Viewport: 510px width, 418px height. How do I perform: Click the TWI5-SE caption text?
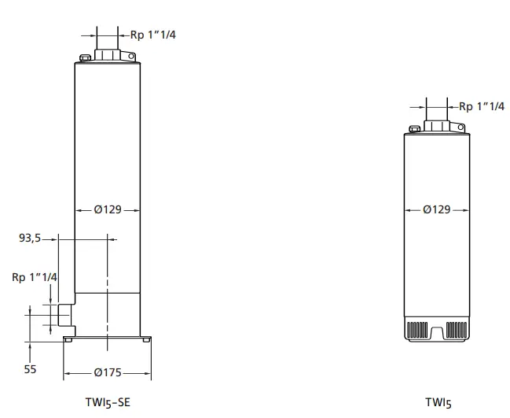click(x=107, y=401)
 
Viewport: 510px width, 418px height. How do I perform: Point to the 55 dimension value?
click(x=31, y=368)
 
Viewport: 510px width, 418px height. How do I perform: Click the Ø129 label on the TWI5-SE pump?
click(x=108, y=210)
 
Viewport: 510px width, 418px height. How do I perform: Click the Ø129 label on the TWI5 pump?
click(x=437, y=210)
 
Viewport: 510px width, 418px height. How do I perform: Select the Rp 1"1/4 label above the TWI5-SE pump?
click(x=152, y=34)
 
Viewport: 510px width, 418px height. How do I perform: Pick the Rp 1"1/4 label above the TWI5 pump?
click(x=481, y=106)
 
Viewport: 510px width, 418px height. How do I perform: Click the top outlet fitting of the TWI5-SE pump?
click(x=108, y=55)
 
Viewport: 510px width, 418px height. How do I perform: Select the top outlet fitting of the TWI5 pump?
click(x=437, y=125)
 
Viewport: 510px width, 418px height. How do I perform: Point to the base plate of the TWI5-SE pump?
click(x=108, y=335)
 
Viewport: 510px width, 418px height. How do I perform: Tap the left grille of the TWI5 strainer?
click(x=417, y=329)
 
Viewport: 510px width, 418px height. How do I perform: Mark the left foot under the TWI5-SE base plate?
click(x=70, y=340)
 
